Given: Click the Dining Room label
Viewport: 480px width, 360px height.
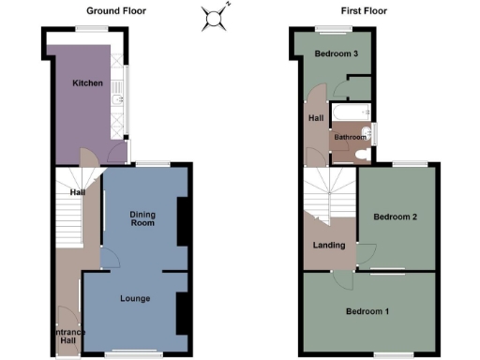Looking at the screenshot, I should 142,218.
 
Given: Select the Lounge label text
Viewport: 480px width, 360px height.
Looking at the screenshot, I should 135,299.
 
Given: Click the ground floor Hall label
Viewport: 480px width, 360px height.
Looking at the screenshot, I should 78,193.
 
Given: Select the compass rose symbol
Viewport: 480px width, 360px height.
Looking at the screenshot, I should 216,15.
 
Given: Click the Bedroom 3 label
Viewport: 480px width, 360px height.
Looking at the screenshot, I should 337,54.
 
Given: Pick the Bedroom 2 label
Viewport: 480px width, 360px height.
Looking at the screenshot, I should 395,217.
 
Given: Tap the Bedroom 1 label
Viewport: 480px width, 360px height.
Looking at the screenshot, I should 368,310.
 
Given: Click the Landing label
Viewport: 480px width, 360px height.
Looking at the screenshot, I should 328,246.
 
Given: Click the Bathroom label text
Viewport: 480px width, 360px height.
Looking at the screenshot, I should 351,138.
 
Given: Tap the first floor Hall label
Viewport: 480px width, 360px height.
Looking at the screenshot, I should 316,118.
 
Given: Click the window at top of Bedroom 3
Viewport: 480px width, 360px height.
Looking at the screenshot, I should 326,27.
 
